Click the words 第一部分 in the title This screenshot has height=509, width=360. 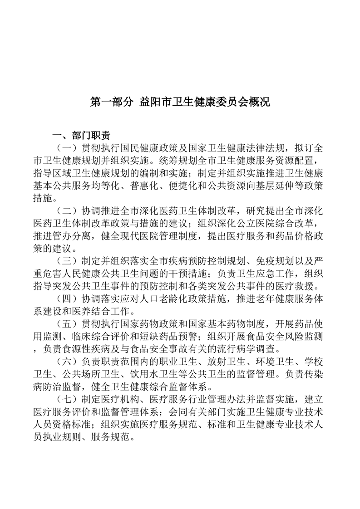coord(110,102)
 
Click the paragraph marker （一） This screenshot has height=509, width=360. coord(66,148)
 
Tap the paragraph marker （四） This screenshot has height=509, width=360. coord(66,299)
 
